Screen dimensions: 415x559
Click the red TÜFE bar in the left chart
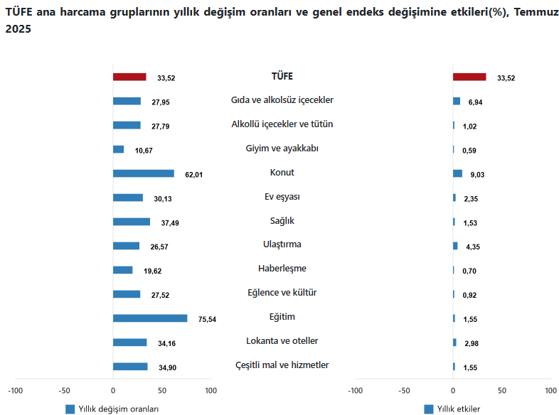pyautogui.click(x=129, y=77)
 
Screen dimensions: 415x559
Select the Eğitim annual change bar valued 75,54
pyautogui.click(x=150, y=318)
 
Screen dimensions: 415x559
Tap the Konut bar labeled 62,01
pyautogui.click(x=144, y=173)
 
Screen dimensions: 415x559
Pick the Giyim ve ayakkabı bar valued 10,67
pyautogui.click(x=119, y=149)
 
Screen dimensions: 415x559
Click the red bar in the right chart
pyautogui.click(x=469, y=77)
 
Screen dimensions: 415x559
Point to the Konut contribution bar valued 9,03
pyautogui.click(x=457, y=173)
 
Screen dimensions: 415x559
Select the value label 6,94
pyautogui.click(x=476, y=102)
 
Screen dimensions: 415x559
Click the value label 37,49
pyautogui.click(x=170, y=222)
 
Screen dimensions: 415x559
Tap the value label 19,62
pyautogui.click(x=152, y=271)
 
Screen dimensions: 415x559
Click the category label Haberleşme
pyautogui.click(x=282, y=269)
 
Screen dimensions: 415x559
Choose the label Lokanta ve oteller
pyautogui.click(x=282, y=341)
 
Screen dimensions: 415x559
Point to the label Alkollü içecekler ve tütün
pyautogui.click(x=282, y=124)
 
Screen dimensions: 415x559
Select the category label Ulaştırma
pyautogui.click(x=282, y=244)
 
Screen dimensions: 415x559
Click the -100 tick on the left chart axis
pyautogui.click(x=15, y=390)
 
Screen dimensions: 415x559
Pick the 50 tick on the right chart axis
pyautogui.click(x=502, y=390)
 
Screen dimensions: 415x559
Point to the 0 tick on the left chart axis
pyautogui.click(x=113, y=390)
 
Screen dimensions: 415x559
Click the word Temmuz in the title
pyautogui.click(x=533, y=12)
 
